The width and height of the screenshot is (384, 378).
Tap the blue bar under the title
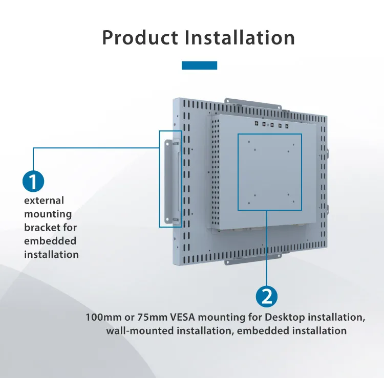coord(200,65)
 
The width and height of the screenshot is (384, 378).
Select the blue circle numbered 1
coord(33,182)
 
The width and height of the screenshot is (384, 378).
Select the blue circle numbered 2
coord(266,297)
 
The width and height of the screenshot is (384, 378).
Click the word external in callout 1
coord(44,201)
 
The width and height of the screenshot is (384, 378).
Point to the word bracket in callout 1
coord(39,227)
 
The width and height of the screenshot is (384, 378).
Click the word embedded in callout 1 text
coord(50,240)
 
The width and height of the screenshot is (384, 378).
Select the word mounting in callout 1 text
coord(48,214)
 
